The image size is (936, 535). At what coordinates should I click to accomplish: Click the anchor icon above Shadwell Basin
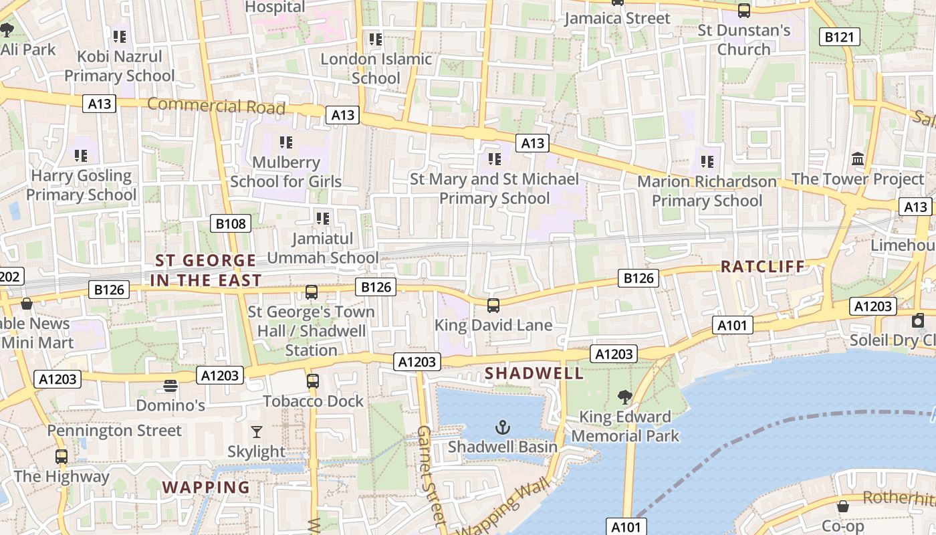[503, 427]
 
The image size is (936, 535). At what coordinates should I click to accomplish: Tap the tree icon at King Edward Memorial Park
[625, 397]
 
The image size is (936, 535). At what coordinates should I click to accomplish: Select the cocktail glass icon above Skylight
[257, 432]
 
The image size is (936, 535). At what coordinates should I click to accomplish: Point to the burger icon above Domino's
[170, 386]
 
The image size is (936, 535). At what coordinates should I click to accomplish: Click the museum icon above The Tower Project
[858, 159]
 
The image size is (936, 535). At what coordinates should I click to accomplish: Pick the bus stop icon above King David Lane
[493, 306]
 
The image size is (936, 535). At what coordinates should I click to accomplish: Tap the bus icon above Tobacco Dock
[313, 381]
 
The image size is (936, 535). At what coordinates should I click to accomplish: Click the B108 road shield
[231, 223]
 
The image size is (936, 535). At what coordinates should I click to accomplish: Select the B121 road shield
[839, 37]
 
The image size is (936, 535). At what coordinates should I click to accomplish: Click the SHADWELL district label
[534, 373]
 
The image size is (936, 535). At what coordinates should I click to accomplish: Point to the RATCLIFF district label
[763, 266]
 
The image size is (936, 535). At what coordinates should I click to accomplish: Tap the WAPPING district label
[206, 487]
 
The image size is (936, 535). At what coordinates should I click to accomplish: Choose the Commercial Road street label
[216, 106]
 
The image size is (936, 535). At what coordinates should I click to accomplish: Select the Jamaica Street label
[617, 18]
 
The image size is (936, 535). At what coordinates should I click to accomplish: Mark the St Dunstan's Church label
[744, 39]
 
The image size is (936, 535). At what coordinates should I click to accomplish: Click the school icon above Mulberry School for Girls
[286, 142]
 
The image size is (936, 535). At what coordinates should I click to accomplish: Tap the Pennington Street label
[114, 430]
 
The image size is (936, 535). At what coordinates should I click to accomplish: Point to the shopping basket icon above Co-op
[843, 506]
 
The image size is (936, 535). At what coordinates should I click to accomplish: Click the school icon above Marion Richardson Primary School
[707, 161]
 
